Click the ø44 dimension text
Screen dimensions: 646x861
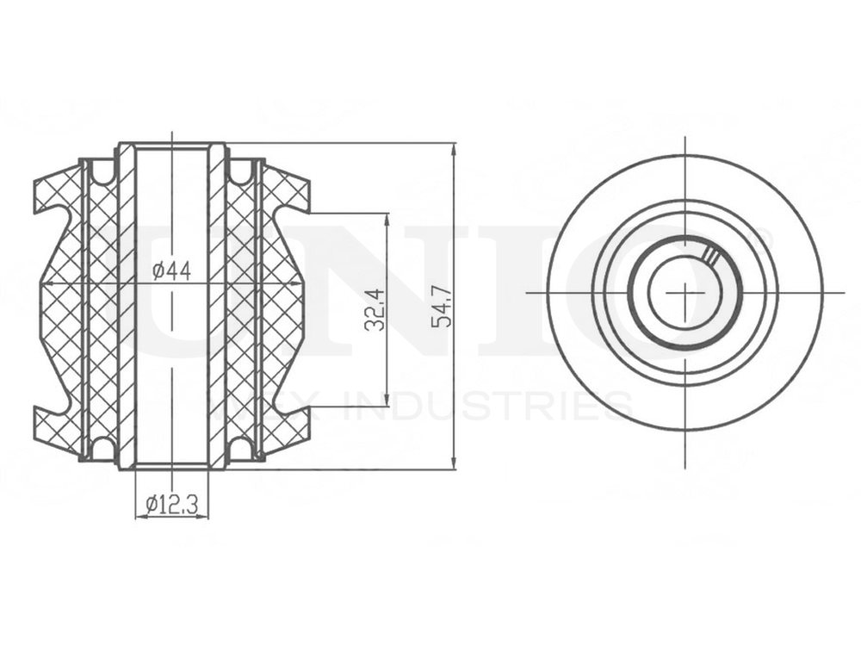coord(171,270)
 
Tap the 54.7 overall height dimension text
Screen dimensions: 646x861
coord(443,308)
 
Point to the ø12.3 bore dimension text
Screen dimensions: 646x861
coord(172,505)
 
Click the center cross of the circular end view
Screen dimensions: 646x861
coord(684,292)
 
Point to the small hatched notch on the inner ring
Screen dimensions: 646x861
coord(710,255)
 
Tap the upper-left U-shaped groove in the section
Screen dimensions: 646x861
coord(102,171)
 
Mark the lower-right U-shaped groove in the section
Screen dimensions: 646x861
coord(242,447)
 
